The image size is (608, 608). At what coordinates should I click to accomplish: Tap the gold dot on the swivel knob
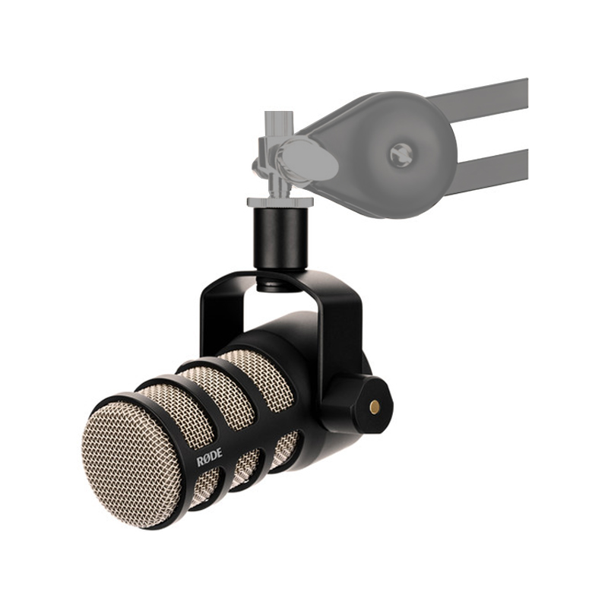click(373, 407)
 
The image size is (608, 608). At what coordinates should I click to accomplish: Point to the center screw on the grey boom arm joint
click(401, 155)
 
